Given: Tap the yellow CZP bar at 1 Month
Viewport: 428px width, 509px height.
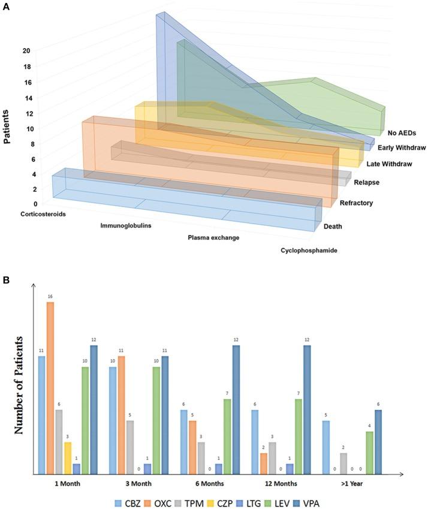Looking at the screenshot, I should [68, 459].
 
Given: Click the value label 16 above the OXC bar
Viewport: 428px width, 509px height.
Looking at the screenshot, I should [50, 297].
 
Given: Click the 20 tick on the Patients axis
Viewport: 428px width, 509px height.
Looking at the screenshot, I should [26, 51].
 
